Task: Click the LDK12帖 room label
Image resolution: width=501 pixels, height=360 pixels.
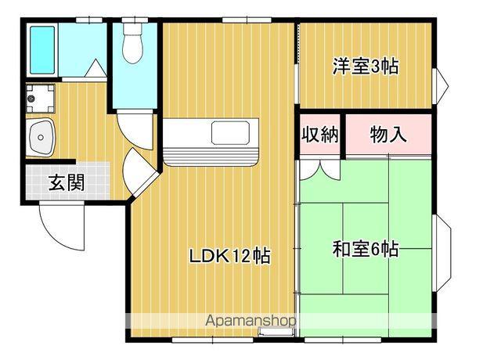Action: click(230, 255)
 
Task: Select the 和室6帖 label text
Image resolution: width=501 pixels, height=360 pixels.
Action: click(366, 250)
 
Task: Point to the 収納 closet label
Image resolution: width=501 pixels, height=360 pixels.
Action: click(319, 134)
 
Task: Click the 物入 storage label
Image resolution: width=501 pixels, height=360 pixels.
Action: click(388, 134)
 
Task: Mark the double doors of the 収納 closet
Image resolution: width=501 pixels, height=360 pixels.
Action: click(320, 167)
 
